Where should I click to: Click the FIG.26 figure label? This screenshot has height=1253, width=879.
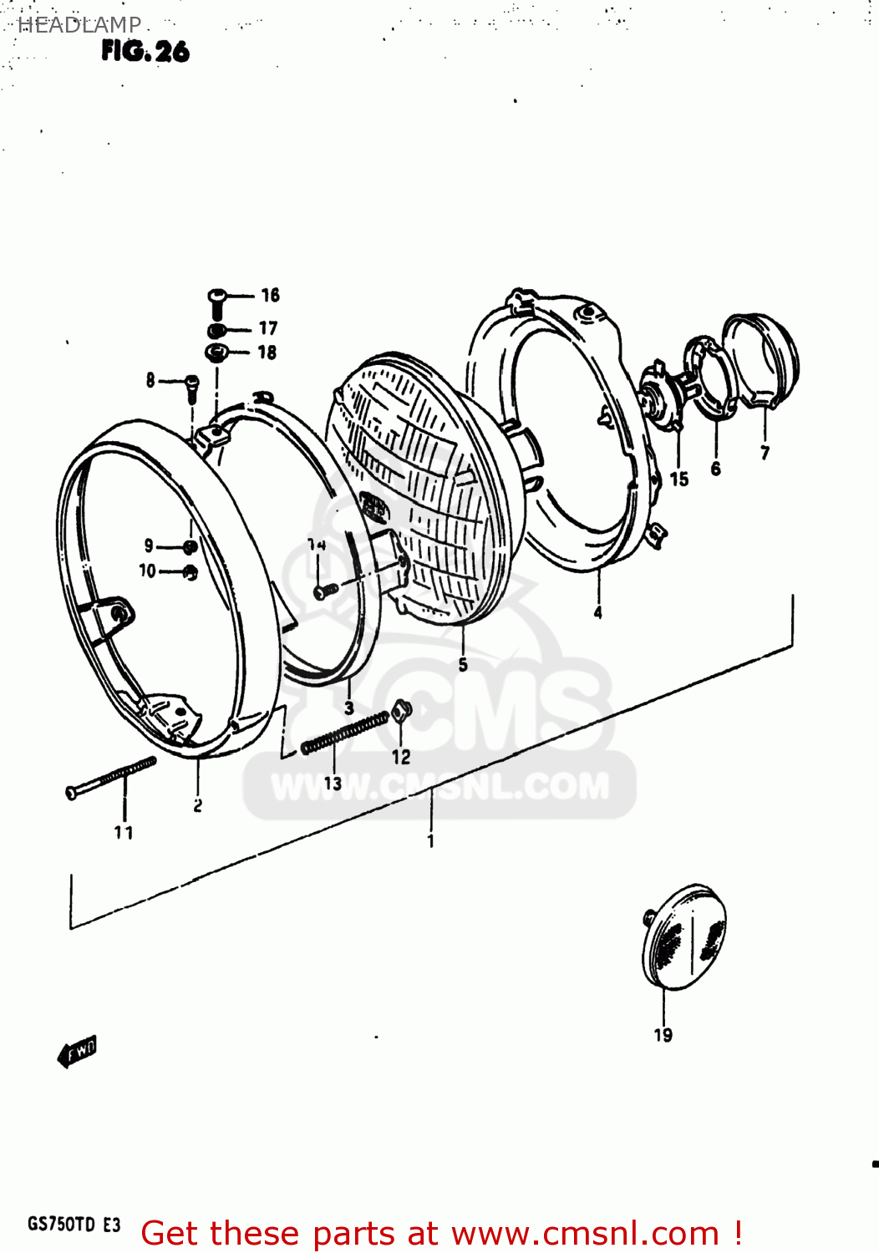tap(145, 52)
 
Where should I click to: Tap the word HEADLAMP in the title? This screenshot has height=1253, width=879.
tap(79, 25)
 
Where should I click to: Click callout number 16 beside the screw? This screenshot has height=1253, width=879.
tap(270, 295)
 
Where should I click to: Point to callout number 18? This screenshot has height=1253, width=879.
tap(267, 353)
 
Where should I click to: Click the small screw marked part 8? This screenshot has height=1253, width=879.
tap(192, 388)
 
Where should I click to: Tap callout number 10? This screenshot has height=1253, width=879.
tap(147, 571)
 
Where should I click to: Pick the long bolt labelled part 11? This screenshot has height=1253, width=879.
tap(110, 776)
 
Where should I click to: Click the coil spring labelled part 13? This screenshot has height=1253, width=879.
tap(345, 733)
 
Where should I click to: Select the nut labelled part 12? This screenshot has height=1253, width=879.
tap(401, 711)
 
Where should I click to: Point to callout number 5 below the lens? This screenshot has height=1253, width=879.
tap(463, 665)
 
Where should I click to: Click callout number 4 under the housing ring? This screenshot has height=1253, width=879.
tap(597, 613)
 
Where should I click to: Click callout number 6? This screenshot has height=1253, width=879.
tap(715, 469)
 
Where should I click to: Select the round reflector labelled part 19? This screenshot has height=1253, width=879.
tap(683, 936)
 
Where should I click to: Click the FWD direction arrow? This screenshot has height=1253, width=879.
tap(78, 1052)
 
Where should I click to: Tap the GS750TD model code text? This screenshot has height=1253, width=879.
tap(62, 1225)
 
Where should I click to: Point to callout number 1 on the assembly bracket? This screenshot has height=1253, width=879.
tap(430, 840)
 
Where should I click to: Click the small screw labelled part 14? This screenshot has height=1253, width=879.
tap(325, 591)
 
